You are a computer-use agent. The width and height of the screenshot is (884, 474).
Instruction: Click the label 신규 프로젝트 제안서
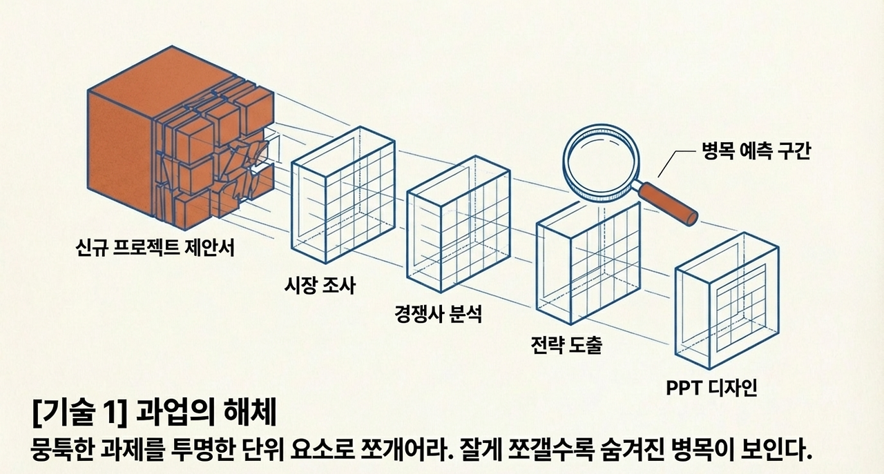click(x=155, y=247)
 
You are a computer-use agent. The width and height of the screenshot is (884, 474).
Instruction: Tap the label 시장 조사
click(x=319, y=284)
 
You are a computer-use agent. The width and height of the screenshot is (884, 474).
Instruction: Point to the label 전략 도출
click(x=566, y=344)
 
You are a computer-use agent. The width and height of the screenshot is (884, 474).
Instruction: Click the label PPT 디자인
click(x=711, y=388)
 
